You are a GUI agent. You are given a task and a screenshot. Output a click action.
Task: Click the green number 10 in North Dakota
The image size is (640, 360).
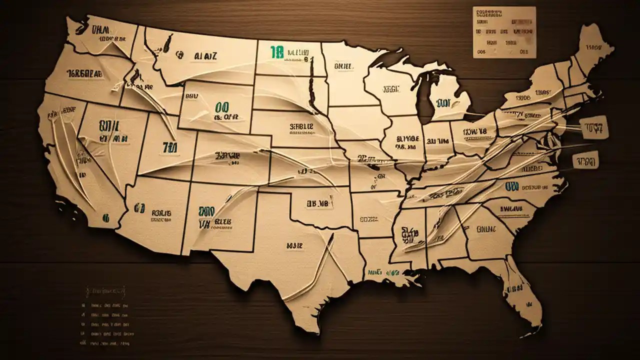click(276, 51)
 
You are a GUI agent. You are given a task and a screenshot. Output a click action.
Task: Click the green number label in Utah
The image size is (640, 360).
click(166, 147)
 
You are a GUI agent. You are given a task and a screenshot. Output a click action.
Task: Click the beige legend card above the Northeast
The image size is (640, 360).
click(504, 32)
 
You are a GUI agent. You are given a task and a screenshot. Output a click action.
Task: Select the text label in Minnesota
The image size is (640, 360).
click(342, 65)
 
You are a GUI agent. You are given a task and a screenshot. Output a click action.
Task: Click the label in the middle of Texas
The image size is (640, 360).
click(295, 245)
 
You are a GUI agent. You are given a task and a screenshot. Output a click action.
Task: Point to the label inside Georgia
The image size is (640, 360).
click(486, 229)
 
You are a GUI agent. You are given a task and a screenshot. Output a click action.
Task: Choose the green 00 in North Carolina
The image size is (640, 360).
click(511, 186)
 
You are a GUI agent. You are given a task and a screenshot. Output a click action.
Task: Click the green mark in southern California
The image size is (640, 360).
click(105, 218)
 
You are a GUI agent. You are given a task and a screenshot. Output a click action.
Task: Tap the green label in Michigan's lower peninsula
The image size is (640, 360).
click(442, 103)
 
